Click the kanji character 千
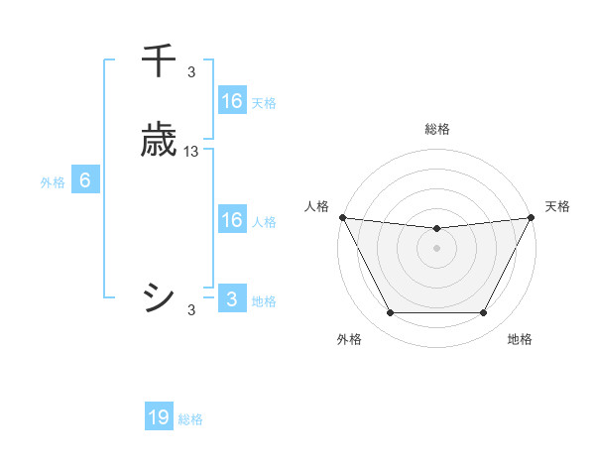(160, 60)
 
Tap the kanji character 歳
(160, 141)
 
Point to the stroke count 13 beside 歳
(191, 152)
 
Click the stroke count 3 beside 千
(191, 71)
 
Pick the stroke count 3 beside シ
(191, 310)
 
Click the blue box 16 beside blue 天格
(232, 101)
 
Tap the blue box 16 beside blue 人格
(232, 220)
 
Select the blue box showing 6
(85, 180)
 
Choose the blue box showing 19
(159, 417)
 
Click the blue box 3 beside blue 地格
(232, 299)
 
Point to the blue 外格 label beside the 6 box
(53, 182)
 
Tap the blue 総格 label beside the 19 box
(190, 419)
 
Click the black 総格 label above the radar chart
(437, 129)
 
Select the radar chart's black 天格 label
(557, 206)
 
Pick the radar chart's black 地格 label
(520, 339)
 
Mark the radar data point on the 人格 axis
(342, 217)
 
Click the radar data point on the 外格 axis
(390, 313)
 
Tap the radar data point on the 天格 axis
(533, 217)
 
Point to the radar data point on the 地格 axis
(484, 313)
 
